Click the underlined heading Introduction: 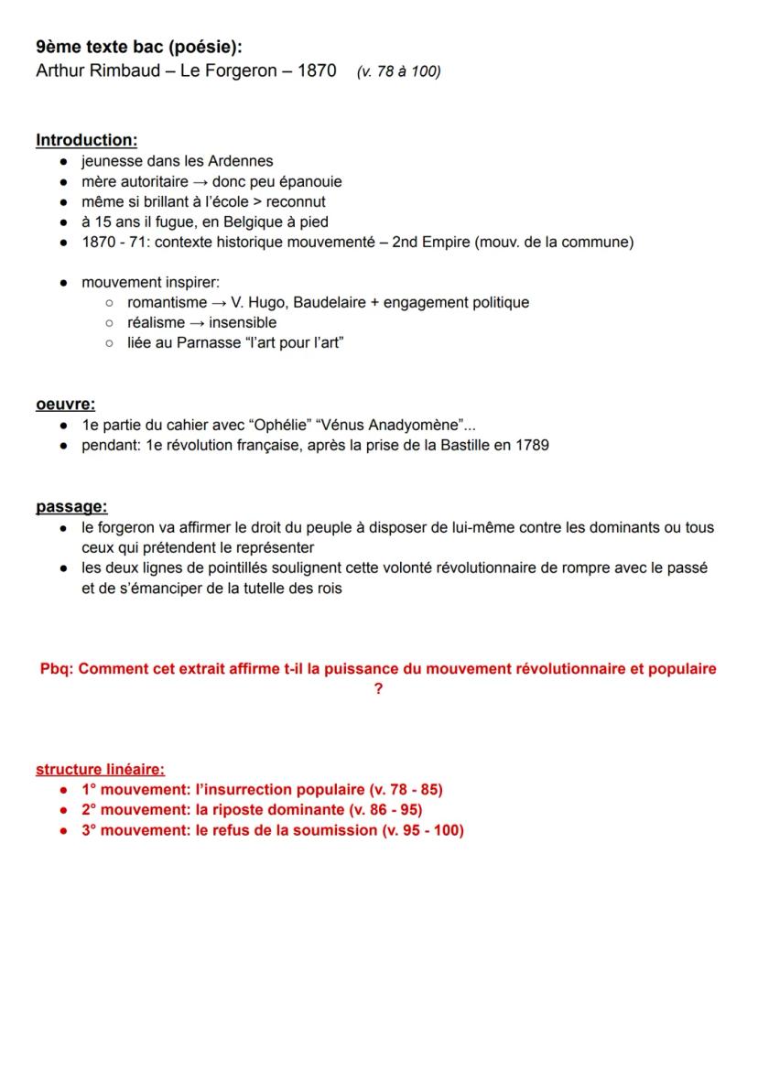click(x=86, y=140)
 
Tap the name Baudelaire click(x=302, y=302)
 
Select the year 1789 click(x=532, y=445)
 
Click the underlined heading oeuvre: click(x=66, y=404)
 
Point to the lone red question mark click(x=378, y=688)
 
